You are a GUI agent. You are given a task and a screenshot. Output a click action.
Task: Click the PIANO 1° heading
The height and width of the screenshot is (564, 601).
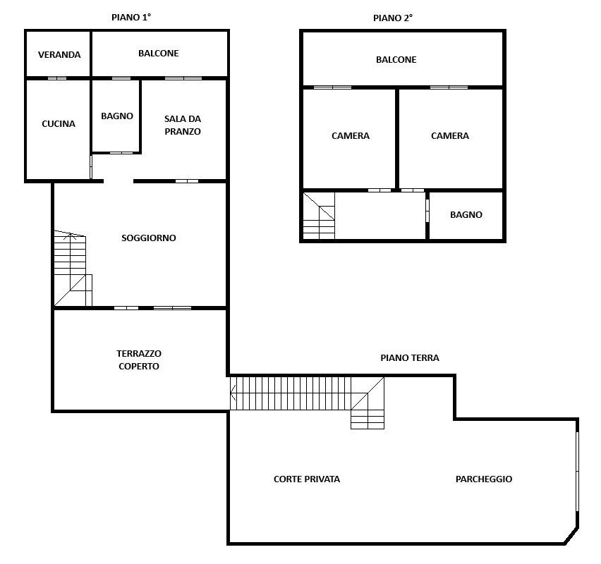tap(131, 17)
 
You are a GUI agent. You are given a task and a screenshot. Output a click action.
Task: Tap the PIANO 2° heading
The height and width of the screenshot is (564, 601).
tap(393, 18)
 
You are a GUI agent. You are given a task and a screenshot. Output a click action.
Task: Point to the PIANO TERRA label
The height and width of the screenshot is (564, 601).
tap(410, 358)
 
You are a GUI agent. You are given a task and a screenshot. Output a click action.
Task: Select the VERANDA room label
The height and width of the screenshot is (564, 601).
tap(59, 55)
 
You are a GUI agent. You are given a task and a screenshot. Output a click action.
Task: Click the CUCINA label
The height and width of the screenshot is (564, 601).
tap(59, 124)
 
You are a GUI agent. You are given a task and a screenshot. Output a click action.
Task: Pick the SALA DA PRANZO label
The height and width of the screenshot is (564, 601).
tap(183, 125)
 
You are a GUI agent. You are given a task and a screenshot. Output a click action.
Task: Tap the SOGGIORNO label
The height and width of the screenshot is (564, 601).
tap(149, 238)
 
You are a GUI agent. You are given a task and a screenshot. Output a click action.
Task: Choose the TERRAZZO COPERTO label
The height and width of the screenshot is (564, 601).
tap(139, 360)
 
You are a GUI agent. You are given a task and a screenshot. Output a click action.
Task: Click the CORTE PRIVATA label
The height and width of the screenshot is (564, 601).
tap(307, 479)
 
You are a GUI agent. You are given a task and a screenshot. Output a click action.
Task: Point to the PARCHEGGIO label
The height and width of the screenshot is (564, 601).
tap(484, 479)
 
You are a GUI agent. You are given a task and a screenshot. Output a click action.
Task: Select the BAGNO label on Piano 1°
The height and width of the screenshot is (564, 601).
tap(117, 116)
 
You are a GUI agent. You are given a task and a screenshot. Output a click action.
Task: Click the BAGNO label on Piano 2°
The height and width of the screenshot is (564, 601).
tap(466, 214)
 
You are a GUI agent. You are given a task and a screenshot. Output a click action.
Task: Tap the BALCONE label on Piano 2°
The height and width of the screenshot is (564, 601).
tap(396, 60)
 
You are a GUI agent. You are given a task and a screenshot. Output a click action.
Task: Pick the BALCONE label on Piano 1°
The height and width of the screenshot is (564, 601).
tap(158, 54)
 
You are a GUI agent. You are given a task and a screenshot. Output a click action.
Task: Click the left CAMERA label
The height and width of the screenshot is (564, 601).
tap(351, 135)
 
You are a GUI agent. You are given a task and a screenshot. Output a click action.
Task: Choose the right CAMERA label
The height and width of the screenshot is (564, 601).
tap(450, 135)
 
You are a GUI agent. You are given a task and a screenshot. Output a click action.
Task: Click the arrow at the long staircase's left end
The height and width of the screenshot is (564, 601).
tap(233, 393)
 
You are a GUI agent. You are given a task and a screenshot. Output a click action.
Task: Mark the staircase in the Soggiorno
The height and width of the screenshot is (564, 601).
tap(73, 268)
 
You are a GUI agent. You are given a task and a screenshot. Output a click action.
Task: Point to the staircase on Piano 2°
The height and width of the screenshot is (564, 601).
tap(319, 216)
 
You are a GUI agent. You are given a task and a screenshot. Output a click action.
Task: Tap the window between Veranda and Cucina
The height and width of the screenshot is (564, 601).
tap(57, 78)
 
